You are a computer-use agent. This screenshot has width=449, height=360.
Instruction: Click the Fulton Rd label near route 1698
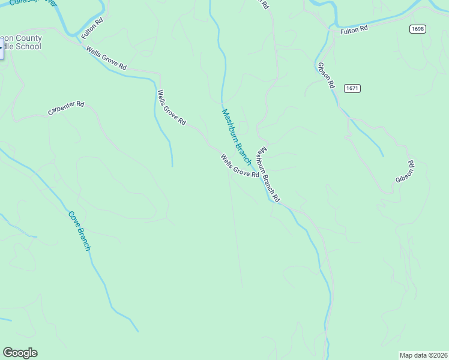[353, 30]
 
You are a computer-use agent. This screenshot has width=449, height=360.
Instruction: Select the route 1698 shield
[418, 29]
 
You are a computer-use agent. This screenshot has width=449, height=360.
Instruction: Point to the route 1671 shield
[352, 88]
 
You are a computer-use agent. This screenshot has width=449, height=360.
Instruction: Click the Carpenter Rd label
[66, 108]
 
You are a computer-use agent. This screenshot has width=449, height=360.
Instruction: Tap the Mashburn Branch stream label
[237, 137]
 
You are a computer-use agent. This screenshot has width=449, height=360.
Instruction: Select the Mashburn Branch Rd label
[268, 175]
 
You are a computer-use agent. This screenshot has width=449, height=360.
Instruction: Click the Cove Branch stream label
[79, 230]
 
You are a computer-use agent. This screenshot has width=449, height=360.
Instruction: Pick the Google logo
[20, 353]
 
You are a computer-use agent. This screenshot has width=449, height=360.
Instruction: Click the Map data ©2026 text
[423, 355]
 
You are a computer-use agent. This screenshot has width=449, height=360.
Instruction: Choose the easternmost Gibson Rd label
[405, 172]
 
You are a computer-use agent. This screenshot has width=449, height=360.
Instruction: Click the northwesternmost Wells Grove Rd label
[106, 59]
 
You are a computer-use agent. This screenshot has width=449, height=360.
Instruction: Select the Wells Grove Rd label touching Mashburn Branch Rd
[239, 166]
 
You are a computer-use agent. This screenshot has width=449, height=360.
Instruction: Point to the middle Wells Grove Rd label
[171, 107]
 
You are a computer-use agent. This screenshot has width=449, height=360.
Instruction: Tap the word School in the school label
[29, 46]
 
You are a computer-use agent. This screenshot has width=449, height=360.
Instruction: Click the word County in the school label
[29, 38]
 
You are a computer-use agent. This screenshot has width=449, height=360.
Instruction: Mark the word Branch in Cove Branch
[83, 238]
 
